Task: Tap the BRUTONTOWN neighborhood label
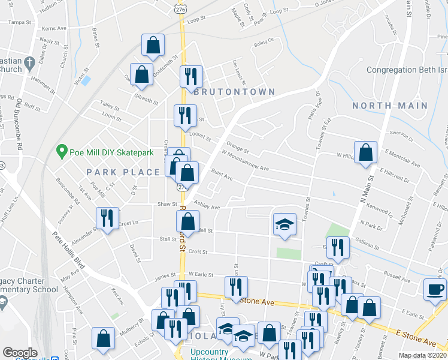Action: click(x=234, y=92)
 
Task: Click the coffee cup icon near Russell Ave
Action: click(x=434, y=289)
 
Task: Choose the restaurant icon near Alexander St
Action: click(x=107, y=218)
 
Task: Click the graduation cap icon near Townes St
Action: click(x=284, y=224)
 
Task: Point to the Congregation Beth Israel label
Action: click(x=407, y=70)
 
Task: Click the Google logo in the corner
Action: click(x=20, y=353)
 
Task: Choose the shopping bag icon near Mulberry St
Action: click(x=103, y=338)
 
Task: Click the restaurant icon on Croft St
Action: click(x=339, y=247)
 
